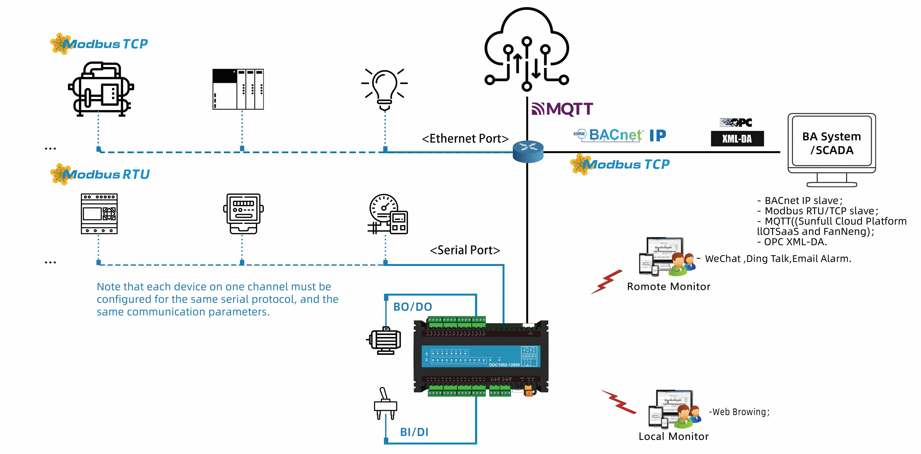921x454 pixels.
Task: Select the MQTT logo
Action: click(562, 109)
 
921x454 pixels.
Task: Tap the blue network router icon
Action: click(528, 151)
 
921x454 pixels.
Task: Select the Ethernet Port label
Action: click(465, 138)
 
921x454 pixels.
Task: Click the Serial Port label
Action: click(465, 250)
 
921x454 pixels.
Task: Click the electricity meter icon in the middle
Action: click(243, 214)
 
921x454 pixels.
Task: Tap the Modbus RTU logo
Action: click(100, 174)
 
